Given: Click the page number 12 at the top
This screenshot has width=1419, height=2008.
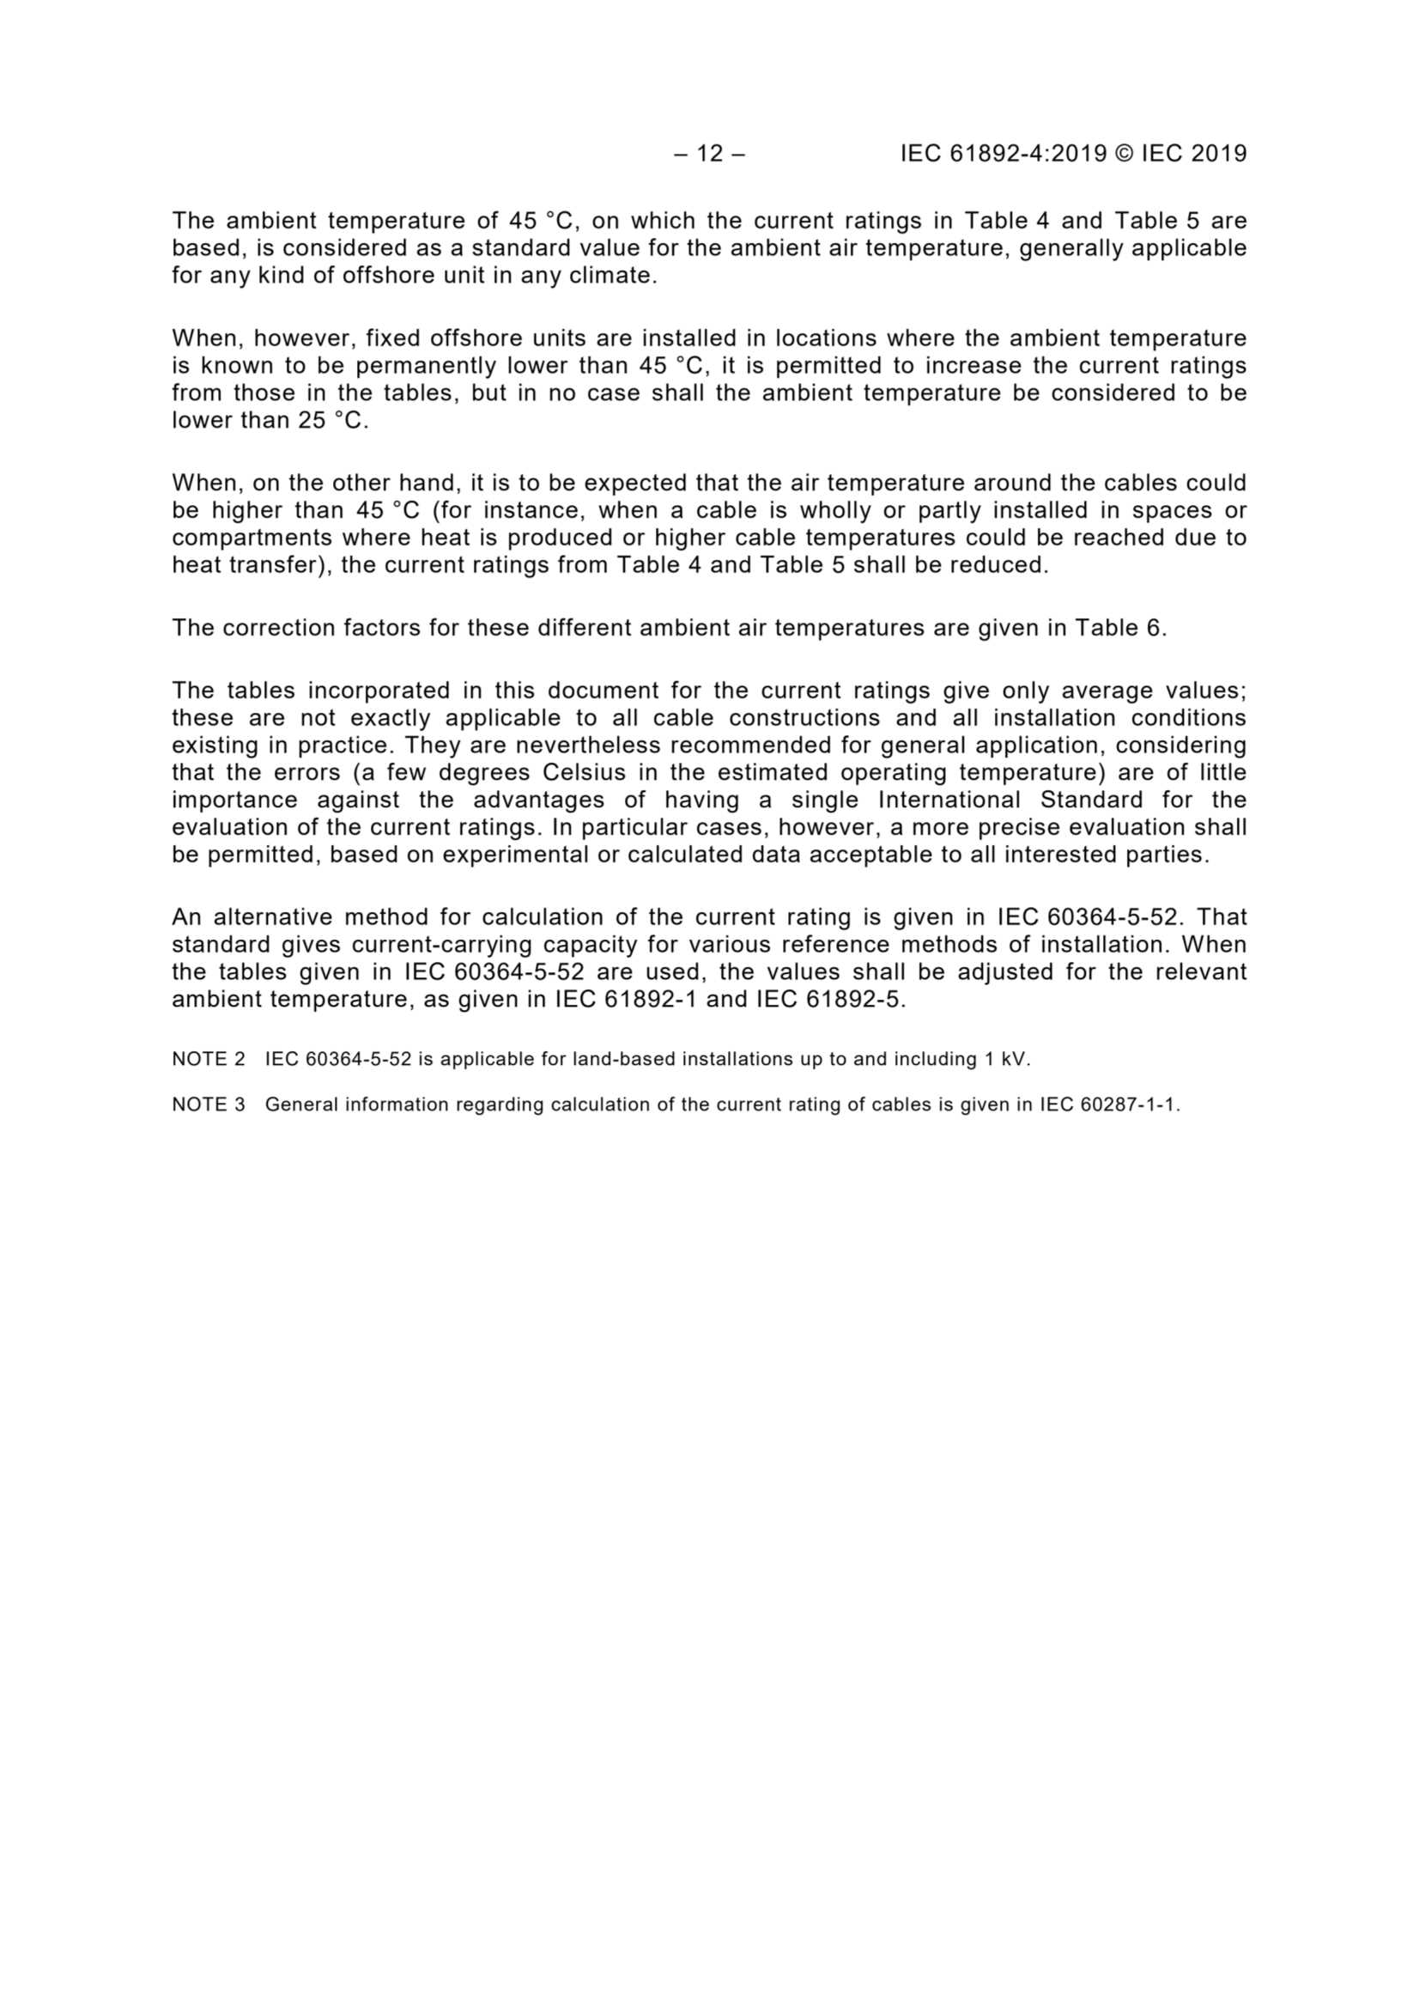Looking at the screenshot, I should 710,154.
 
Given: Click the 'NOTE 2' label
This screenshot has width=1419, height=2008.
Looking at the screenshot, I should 208,1059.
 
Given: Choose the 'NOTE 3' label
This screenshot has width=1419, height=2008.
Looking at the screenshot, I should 208,1104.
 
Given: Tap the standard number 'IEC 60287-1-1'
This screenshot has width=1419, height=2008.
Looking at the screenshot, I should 1107,1104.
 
